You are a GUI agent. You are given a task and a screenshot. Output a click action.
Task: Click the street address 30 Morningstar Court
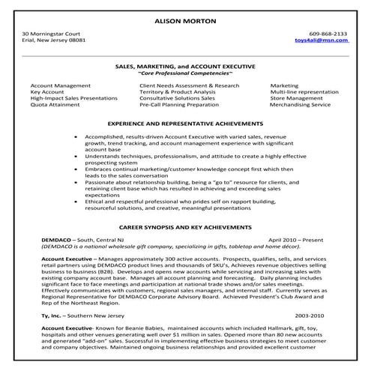52,34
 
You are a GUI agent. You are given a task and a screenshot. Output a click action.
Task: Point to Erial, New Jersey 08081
54,42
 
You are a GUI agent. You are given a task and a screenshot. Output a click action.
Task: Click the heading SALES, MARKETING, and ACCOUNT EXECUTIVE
185,66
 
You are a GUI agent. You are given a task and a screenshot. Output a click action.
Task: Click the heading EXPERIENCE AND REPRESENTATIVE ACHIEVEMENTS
185,122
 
